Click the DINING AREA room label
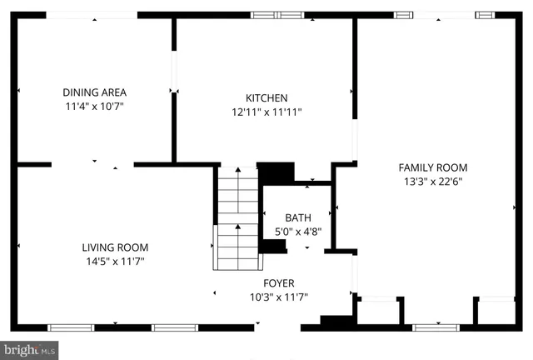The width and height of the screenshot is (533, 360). (x=94, y=92)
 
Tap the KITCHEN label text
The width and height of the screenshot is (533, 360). (x=266, y=97)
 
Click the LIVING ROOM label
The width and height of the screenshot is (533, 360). (x=115, y=247)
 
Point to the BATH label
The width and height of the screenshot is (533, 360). (x=297, y=218)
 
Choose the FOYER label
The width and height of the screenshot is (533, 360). (x=279, y=283)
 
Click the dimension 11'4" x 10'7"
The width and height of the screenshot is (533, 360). (x=94, y=107)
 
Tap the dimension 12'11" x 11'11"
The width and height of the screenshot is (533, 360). (x=266, y=112)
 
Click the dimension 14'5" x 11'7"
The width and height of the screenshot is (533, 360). (x=115, y=262)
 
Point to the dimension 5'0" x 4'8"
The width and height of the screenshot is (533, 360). (x=297, y=232)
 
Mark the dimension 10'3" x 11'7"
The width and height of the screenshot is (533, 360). (x=279, y=297)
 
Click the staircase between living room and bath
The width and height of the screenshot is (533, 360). (x=238, y=218)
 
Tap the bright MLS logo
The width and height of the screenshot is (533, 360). (x=30, y=350)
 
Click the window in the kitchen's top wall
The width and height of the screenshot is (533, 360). (x=277, y=14)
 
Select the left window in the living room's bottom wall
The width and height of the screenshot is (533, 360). (x=71, y=327)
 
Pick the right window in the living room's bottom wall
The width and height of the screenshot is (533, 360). (x=175, y=327)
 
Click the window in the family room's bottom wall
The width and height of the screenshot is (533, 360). (x=436, y=327)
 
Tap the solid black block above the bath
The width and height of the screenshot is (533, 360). (x=276, y=172)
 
